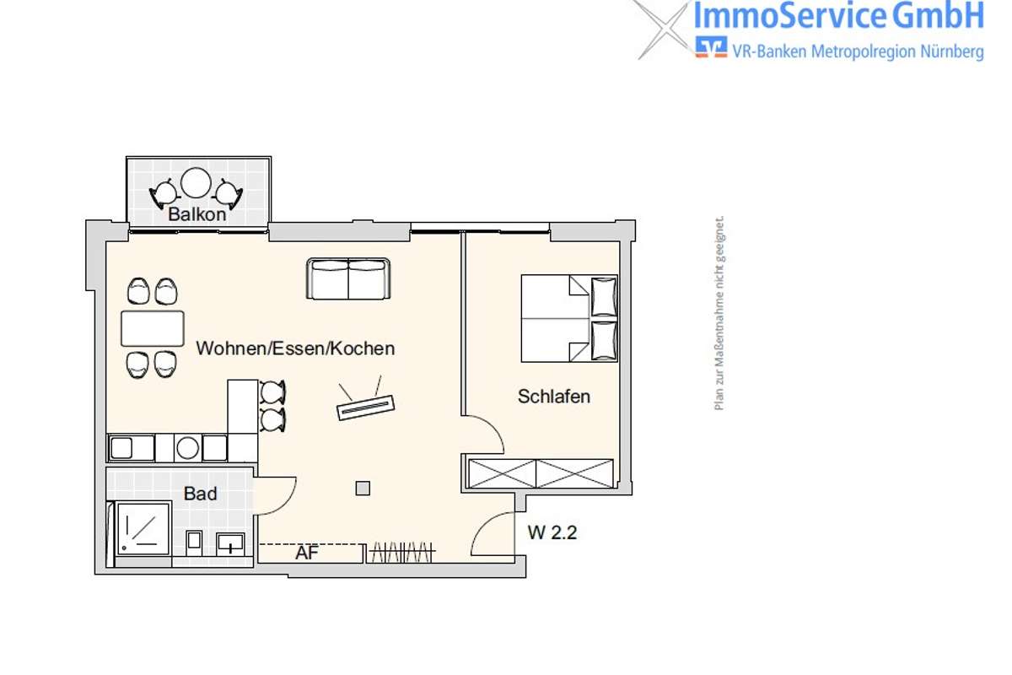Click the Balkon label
click(x=197, y=214)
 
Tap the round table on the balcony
click(x=196, y=182)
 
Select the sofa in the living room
click(x=348, y=278)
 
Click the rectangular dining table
click(x=153, y=329)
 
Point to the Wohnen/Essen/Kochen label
click(x=295, y=348)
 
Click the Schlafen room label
click(x=554, y=397)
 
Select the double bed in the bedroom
click(x=569, y=318)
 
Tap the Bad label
click(x=200, y=494)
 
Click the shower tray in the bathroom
click(x=143, y=528)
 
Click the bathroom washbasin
click(x=230, y=544)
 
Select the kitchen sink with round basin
click(x=188, y=448)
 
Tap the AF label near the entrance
click(x=307, y=553)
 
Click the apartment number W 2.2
click(x=552, y=532)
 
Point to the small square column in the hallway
click(x=363, y=489)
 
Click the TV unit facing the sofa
click(x=365, y=408)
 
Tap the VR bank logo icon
click(x=711, y=47)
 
